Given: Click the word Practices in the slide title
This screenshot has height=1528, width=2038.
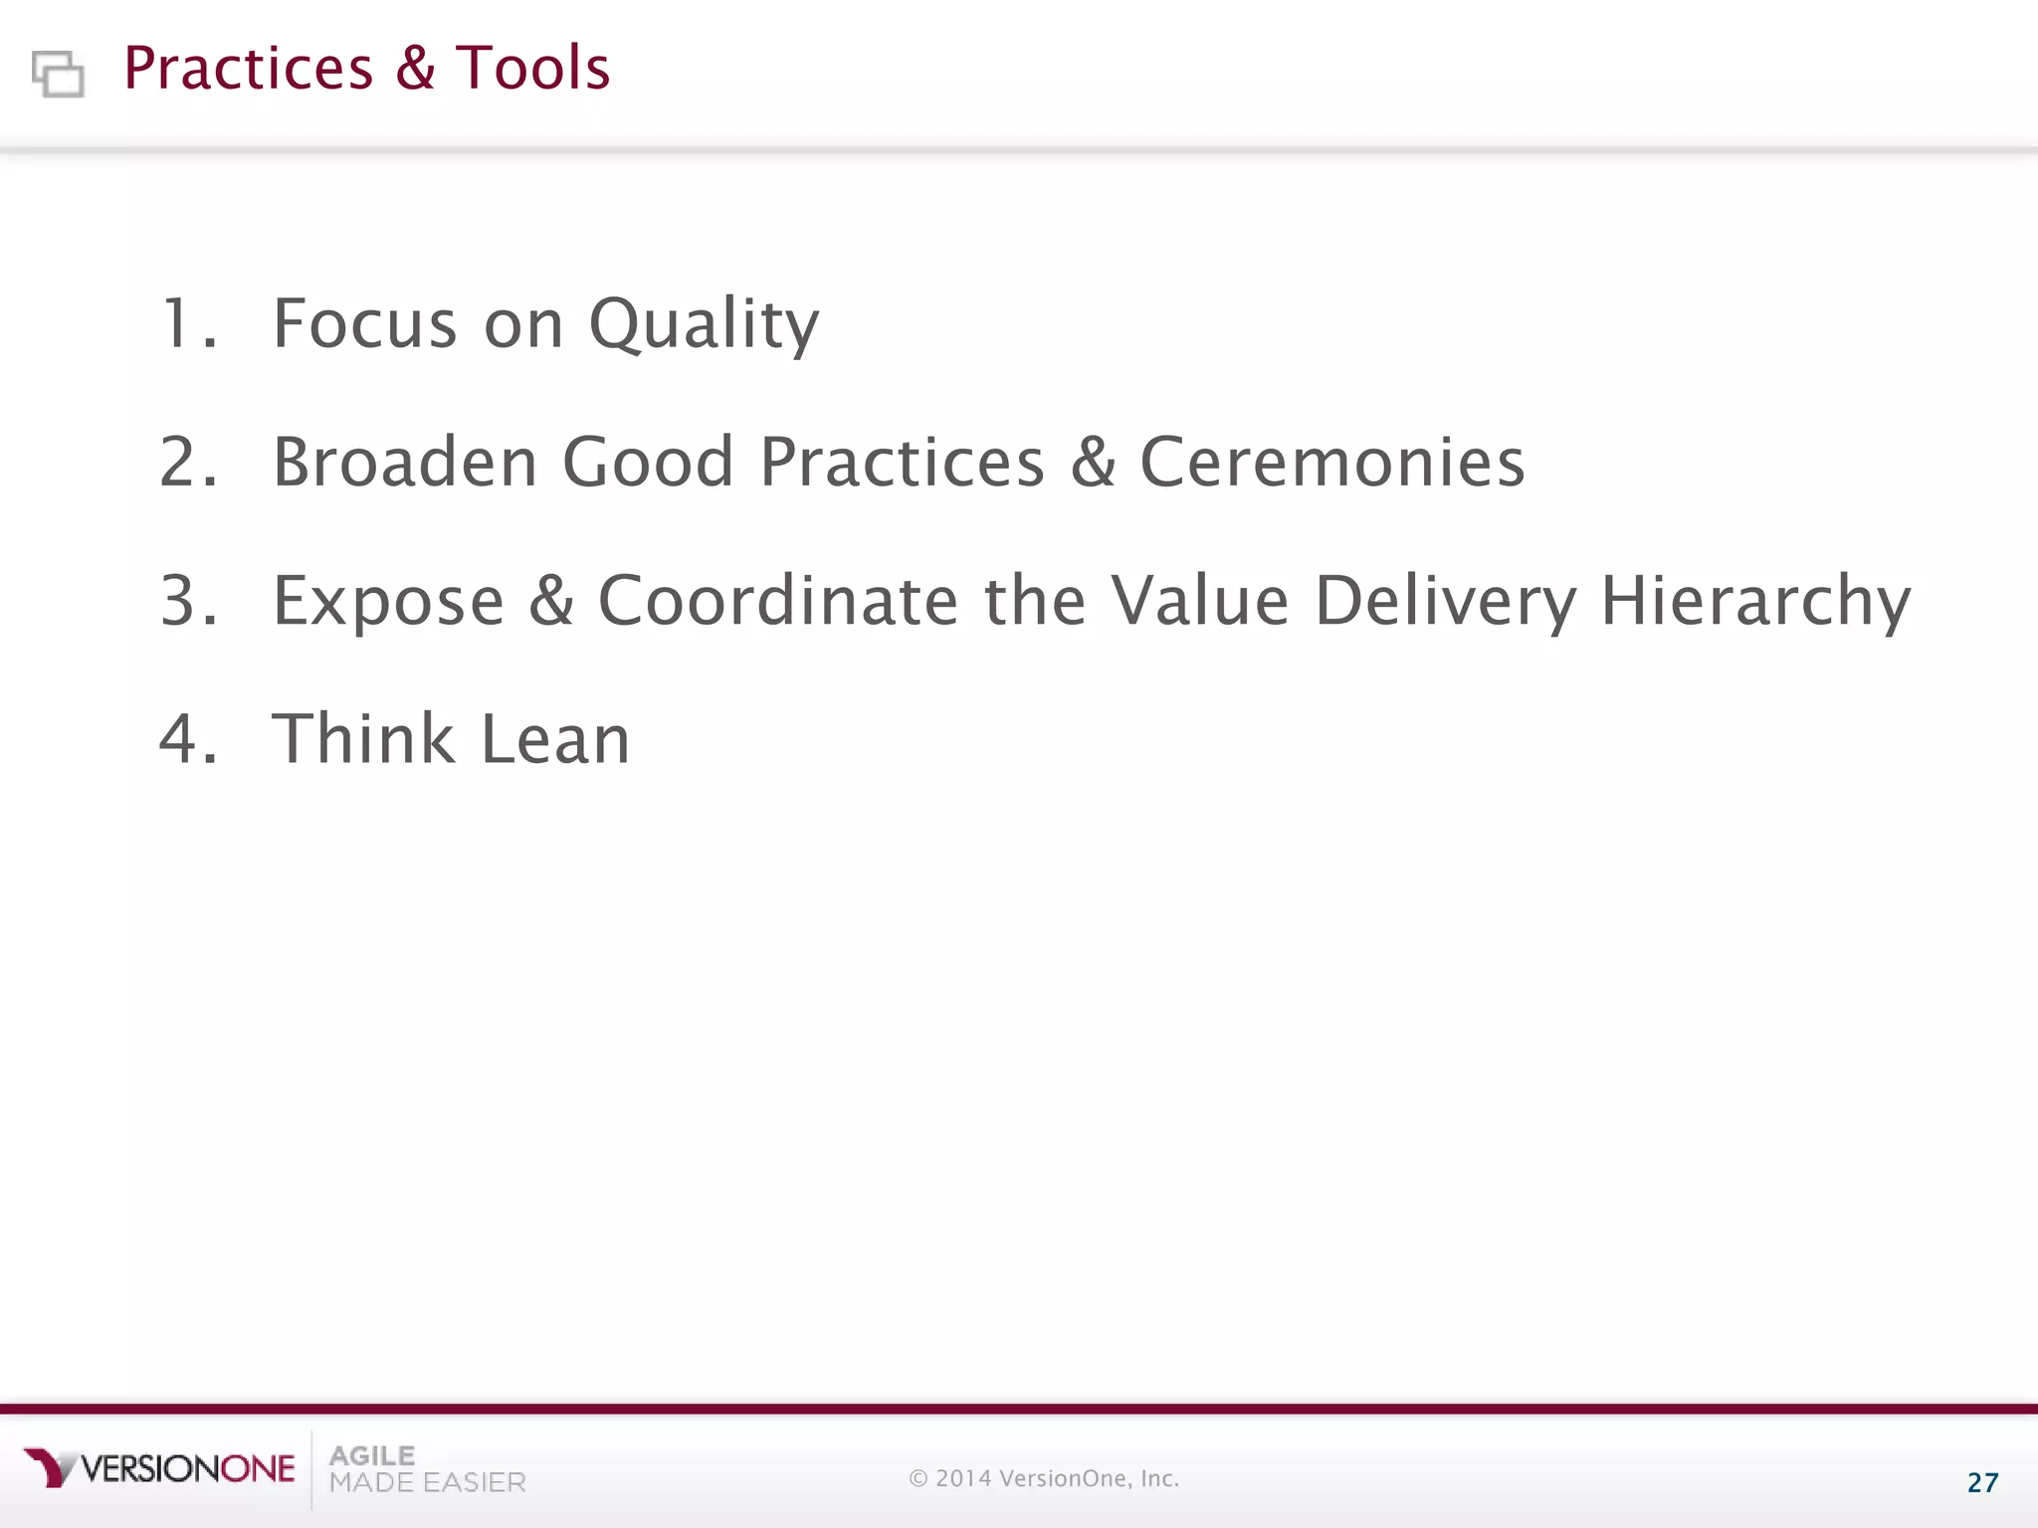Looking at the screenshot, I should click(248, 68).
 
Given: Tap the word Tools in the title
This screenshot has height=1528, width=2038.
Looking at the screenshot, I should click(532, 68).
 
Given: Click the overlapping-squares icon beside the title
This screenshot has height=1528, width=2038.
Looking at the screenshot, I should click(58, 74).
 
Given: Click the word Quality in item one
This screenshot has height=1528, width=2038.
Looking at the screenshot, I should click(704, 325).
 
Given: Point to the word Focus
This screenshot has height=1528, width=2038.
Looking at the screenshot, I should click(365, 323).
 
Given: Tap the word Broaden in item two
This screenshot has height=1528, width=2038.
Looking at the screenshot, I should click(405, 462).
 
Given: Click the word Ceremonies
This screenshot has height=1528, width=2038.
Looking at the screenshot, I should click(1331, 462).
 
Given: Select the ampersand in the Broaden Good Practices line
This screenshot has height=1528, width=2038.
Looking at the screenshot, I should click(1093, 462).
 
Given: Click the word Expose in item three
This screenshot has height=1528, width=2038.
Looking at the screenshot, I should click(388, 602).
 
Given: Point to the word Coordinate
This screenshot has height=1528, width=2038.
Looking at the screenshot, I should click(778, 601).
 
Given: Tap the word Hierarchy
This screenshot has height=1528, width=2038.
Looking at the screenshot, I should click(1755, 602).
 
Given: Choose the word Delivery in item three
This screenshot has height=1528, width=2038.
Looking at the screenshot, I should click(1445, 602).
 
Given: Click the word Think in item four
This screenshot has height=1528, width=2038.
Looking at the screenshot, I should click(363, 739).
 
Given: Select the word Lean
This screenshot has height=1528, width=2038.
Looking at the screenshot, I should click(555, 739).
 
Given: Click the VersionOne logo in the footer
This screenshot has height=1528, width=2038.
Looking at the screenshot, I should click(159, 1468).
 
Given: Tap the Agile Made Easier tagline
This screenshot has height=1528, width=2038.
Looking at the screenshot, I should click(427, 1469).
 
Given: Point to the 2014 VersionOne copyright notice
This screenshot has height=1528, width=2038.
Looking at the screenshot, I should click(1044, 1478).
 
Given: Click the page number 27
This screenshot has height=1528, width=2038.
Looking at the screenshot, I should click(1982, 1483).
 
